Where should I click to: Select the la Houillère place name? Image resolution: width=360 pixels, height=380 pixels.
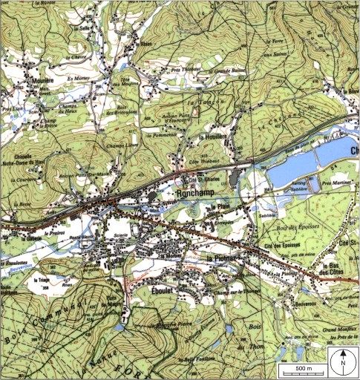(212, 138)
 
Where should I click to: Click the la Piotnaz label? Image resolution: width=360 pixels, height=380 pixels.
(221, 258)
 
